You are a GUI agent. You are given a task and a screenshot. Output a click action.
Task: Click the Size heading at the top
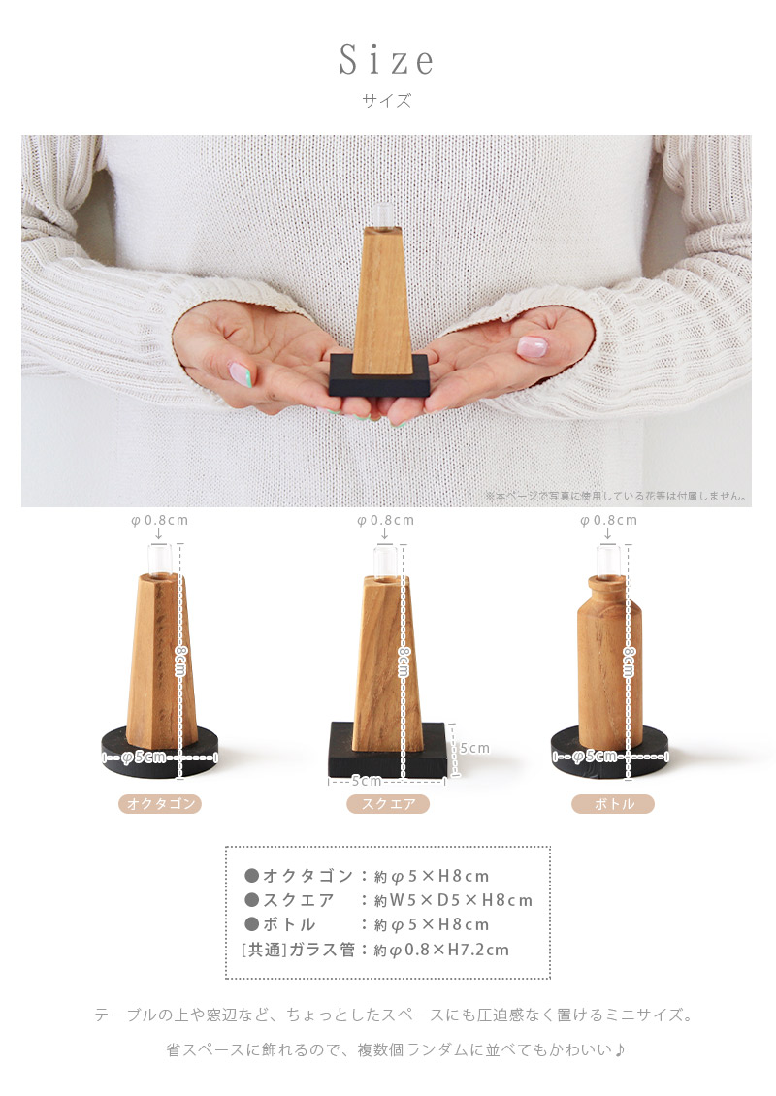(x=387, y=60)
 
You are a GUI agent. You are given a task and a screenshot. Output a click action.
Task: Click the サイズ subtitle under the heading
(x=387, y=100)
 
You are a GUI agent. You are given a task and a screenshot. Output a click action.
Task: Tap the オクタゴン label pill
(x=160, y=804)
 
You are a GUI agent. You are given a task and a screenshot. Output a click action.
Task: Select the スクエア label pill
(x=388, y=804)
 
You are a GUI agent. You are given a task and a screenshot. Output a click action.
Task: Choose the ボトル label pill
(x=612, y=804)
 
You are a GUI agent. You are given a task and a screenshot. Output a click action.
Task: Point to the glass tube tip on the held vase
(x=384, y=213)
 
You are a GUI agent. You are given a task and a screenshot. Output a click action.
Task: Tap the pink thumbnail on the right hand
(x=532, y=346)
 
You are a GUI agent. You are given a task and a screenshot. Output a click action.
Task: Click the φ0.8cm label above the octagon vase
(x=160, y=520)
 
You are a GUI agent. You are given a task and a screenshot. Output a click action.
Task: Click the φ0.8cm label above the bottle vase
(x=609, y=520)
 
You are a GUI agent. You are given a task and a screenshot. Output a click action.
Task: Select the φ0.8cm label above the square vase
(x=385, y=520)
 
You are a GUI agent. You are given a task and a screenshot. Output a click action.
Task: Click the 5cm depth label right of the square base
(x=474, y=748)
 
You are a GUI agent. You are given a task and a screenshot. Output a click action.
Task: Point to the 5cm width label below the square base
(x=366, y=781)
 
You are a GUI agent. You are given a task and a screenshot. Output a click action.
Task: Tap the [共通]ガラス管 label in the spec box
(x=299, y=950)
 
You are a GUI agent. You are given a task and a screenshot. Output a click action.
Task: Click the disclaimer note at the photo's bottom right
(x=617, y=496)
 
